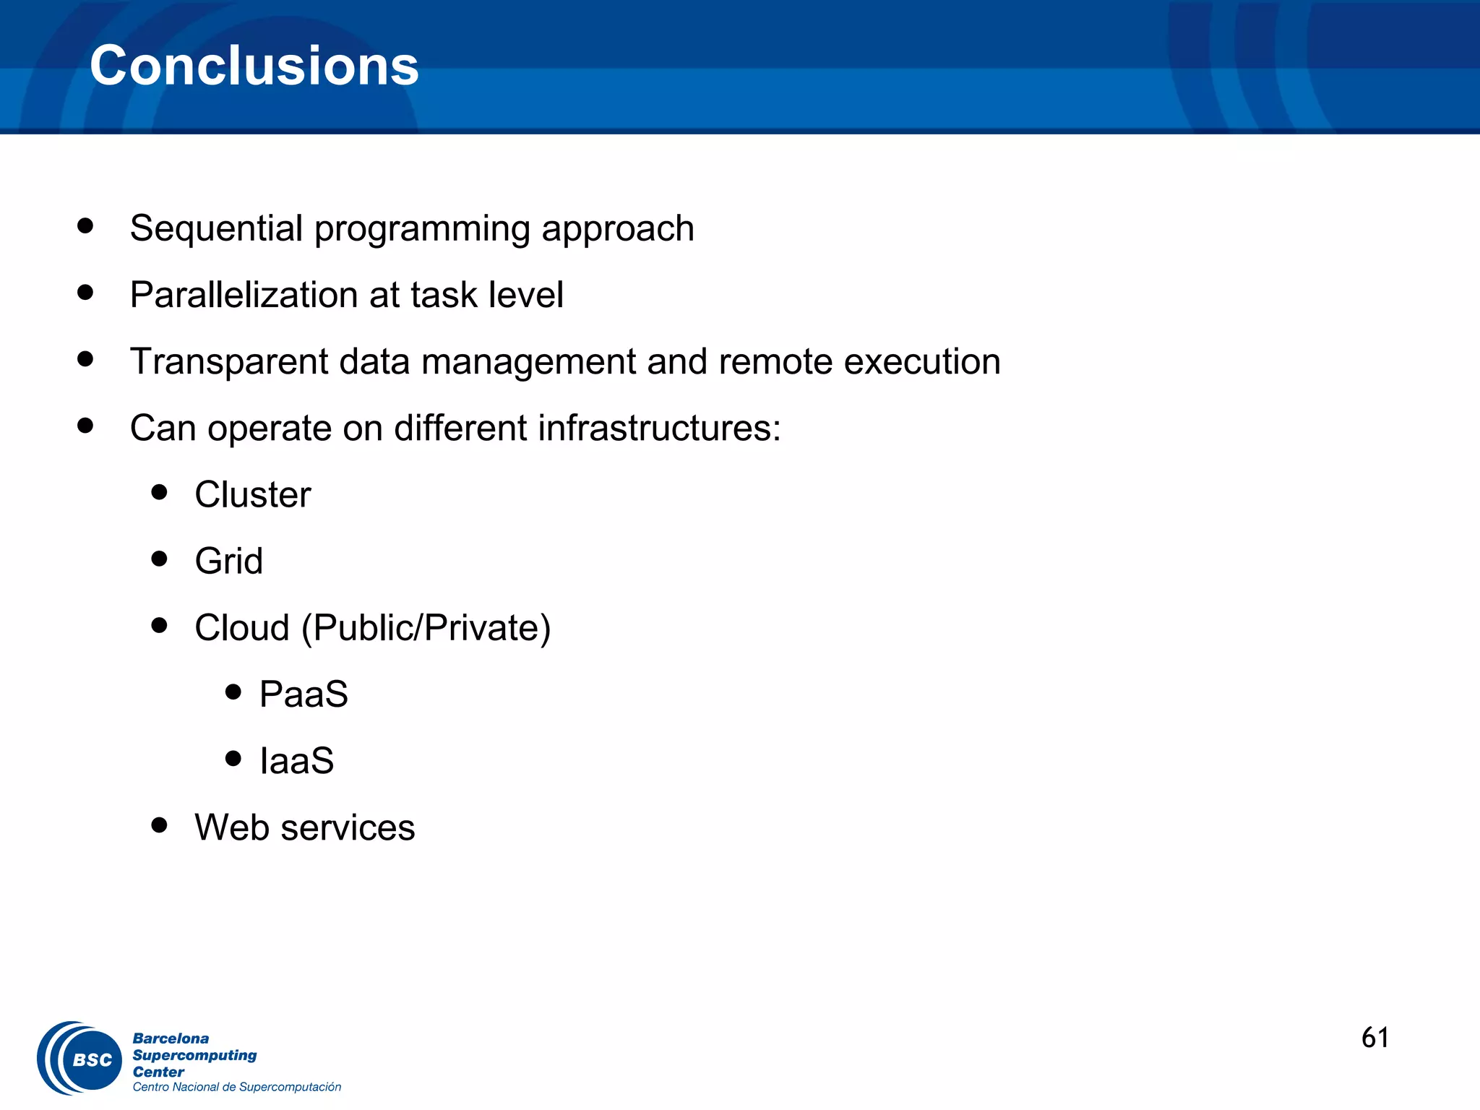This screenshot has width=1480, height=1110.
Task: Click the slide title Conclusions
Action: tap(254, 66)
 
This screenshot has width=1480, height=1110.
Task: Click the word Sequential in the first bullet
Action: tap(216, 228)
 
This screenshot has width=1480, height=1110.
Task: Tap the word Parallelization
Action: tap(244, 295)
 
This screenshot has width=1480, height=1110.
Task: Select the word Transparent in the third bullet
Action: tap(228, 361)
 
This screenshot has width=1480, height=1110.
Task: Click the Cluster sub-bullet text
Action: tap(252, 495)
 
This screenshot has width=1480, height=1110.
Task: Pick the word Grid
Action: tap(228, 562)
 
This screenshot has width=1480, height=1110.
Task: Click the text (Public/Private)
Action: tap(426, 628)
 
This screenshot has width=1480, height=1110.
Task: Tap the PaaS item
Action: tap(304, 694)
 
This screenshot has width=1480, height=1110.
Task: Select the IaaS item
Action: tap(297, 761)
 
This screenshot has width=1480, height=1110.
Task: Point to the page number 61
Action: tap(1374, 1038)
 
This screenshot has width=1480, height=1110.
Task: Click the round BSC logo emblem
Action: tap(80, 1059)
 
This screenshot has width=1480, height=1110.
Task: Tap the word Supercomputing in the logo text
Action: tap(194, 1055)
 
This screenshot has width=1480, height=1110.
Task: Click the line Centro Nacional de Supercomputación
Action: tap(236, 1087)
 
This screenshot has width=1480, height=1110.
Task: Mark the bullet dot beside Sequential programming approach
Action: tap(85, 225)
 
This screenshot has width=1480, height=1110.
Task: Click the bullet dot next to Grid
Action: tap(160, 559)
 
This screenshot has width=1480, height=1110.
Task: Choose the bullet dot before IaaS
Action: tap(233, 758)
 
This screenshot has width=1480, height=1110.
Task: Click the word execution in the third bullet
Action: tap(922, 361)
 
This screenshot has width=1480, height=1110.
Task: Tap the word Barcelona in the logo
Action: tap(171, 1038)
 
